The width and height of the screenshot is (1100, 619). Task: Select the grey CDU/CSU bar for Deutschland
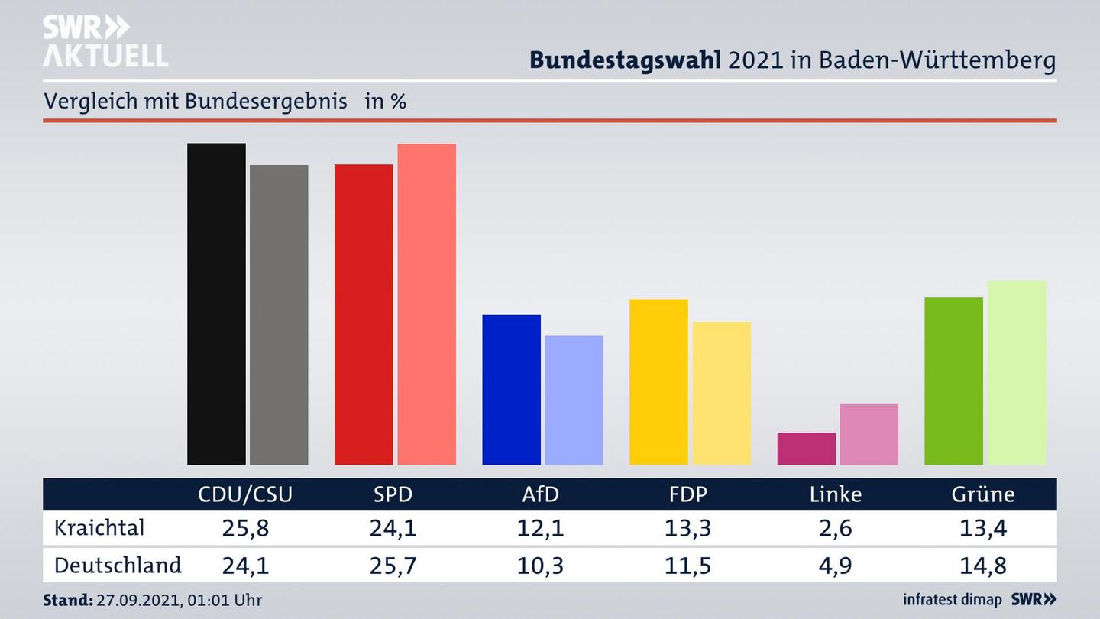[x=279, y=314]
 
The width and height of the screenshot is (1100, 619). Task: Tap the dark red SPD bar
[x=364, y=314]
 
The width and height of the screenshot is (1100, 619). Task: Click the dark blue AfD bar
[x=511, y=389]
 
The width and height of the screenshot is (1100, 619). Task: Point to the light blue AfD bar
[x=574, y=400]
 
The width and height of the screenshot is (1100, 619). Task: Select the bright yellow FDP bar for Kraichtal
[x=658, y=381]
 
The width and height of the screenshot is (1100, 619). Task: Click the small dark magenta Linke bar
[x=806, y=449]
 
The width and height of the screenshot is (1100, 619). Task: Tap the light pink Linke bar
[x=869, y=434]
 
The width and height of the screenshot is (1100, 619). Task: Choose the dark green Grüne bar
[x=953, y=381]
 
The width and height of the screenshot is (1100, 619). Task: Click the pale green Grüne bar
[x=1016, y=372]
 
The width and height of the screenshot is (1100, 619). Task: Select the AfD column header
[x=540, y=494]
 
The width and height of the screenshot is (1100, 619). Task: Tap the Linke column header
[x=836, y=494]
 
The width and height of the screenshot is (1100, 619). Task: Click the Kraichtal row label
[x=99, y=527]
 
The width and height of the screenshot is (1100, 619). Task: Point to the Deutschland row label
[x=118, y=565]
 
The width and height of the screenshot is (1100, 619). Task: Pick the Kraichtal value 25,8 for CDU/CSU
[x=245, y=528]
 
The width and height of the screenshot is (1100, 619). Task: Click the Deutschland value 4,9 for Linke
[x=836, y=566]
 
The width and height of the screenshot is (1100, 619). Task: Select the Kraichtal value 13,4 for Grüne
[x=983, y=528]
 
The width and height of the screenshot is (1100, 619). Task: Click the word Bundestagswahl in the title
[x=625, y=60]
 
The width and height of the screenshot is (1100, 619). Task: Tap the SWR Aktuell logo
[x=105, y=41]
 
